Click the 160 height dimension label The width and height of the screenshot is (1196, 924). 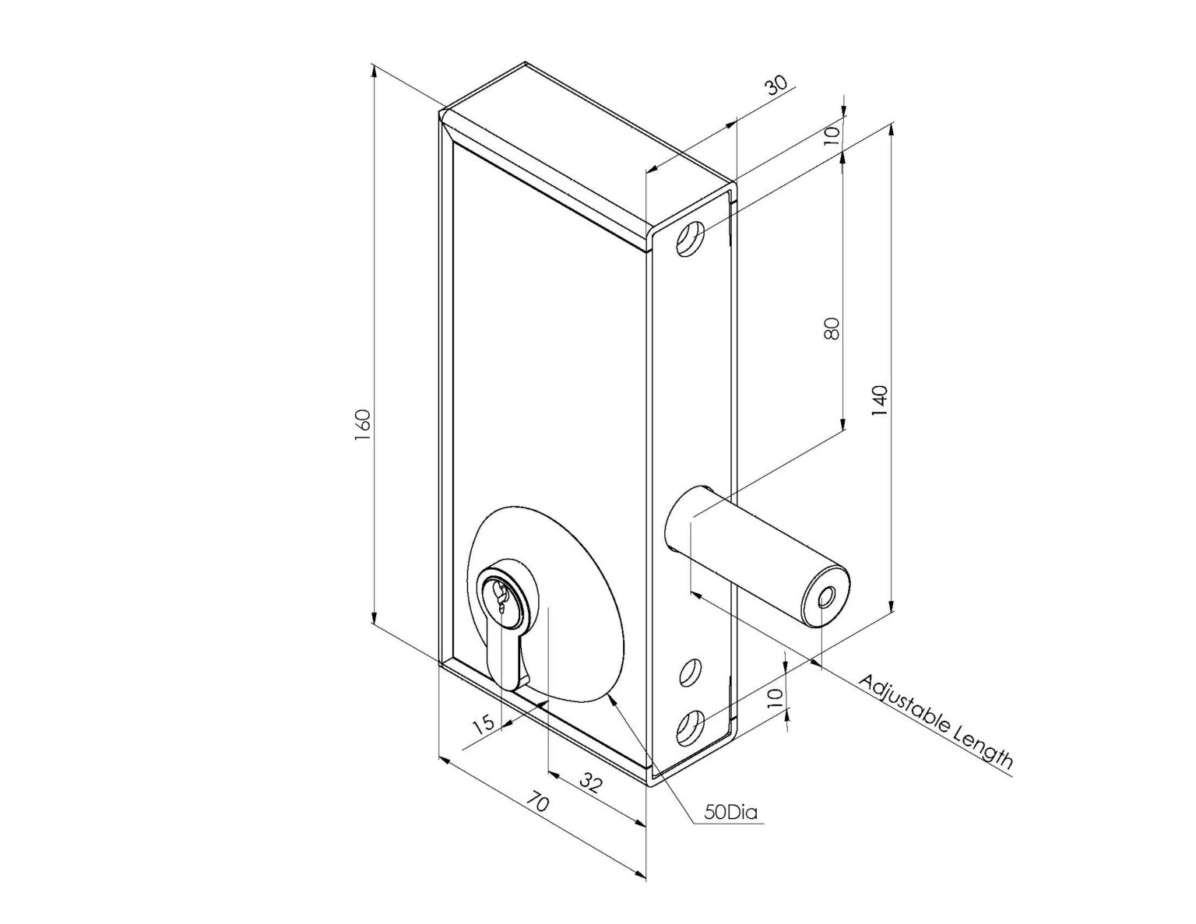pos(364,426)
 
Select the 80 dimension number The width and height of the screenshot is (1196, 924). pos(832,328)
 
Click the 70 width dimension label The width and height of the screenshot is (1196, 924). pos(536,801)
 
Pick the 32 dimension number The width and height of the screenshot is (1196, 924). pos(591,784)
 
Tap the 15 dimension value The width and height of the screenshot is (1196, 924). pos(484,723)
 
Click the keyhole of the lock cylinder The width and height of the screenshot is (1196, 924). pos(500,597)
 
